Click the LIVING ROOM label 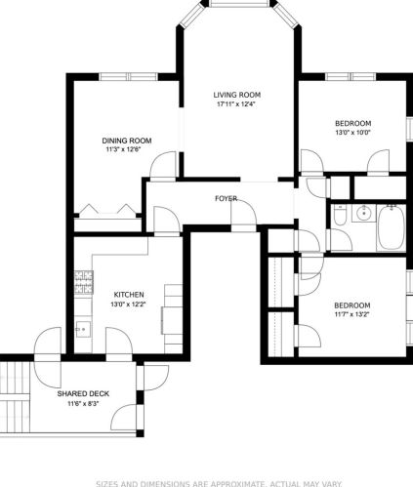(238, 95)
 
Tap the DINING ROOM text (128, 140)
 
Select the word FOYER (227, 199)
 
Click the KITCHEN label (129, 294)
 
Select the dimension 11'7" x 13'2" (352, 315)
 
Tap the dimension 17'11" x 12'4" (238, 105)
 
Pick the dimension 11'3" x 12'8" (128, 150)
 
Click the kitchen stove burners (82, 283)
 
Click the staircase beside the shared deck (15, 400)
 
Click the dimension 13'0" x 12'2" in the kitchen (129, 304)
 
